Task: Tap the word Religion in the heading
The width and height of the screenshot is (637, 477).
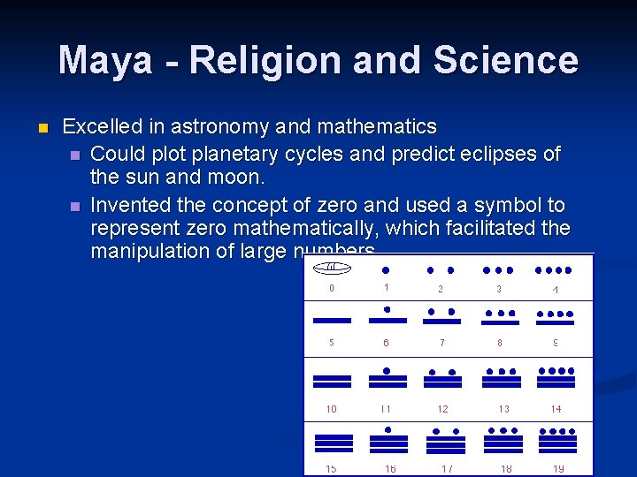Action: tap(260, 60)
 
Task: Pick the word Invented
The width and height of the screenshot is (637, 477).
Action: tap(133, 205)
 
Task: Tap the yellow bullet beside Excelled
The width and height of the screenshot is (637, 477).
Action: tap(41, 128)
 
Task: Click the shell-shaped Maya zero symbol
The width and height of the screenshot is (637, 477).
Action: tap(332, 268)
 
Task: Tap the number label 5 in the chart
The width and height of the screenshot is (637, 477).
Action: tap(332, 342)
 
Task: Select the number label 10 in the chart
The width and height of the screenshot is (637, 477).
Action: tap(332, 409)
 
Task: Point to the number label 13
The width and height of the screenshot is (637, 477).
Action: tap(504, 409)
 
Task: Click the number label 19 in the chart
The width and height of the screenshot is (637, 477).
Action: tap(557, 469)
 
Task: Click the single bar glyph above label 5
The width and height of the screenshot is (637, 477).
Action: tap(332, 320)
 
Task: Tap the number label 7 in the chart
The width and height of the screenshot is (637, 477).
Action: tap(442, 342)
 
